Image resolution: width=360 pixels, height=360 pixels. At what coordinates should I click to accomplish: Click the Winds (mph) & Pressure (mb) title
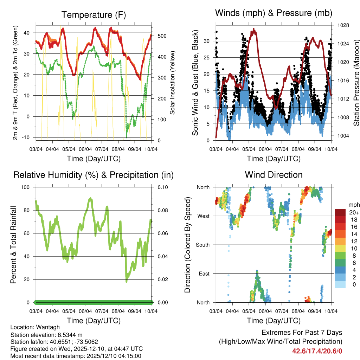tap(274, 13)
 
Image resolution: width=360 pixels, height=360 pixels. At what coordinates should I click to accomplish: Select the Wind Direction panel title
tap(274, 174)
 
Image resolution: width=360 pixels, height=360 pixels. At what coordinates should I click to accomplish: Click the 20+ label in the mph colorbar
tap(353, 212)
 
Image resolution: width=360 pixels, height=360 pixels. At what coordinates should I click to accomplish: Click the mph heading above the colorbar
tap(353, 205)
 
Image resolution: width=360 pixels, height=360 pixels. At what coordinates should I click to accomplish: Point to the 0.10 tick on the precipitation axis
tap(159, 187)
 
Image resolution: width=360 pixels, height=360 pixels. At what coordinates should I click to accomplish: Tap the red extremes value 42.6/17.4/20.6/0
tap(317, 351)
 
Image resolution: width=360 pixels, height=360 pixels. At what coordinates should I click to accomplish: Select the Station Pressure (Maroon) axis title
tap(356, 83)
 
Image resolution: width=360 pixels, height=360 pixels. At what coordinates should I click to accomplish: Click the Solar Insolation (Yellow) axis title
tap(173, 83)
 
